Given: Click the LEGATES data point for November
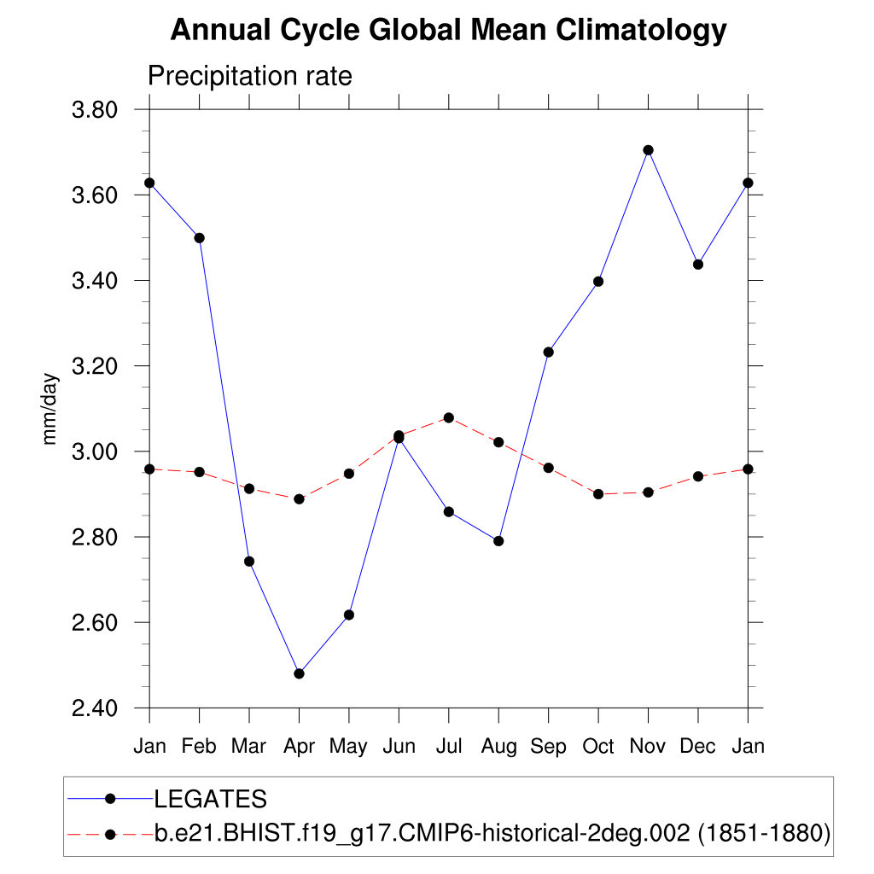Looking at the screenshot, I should (x=648, y=150).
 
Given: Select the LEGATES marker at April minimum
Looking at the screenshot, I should (x=299, y=673).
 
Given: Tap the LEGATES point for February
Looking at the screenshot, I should (x=200, y=238).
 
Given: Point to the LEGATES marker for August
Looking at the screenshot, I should (x=498, y=541).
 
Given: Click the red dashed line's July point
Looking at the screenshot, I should (x=449, y=417).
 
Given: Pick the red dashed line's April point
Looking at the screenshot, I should (x=299, y=498).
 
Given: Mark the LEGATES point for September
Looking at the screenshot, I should (x=549, y=352).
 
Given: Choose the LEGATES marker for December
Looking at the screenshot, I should (x=698, y=265).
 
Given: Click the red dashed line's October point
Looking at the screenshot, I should (x=598, y=494).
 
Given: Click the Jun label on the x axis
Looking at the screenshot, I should (x=399, y=746).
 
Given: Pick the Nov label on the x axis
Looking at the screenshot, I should (x=648, y=746).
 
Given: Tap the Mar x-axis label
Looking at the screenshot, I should (x=249, y=746).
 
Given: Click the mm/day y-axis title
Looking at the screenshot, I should (x=50, y=409).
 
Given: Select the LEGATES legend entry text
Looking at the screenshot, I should (x=211, y=800).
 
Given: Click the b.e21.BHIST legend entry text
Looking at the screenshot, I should (x=492, y=833).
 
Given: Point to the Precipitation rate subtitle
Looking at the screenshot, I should (x=250, y=76).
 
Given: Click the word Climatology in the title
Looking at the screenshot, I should (x=641, y=31).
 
